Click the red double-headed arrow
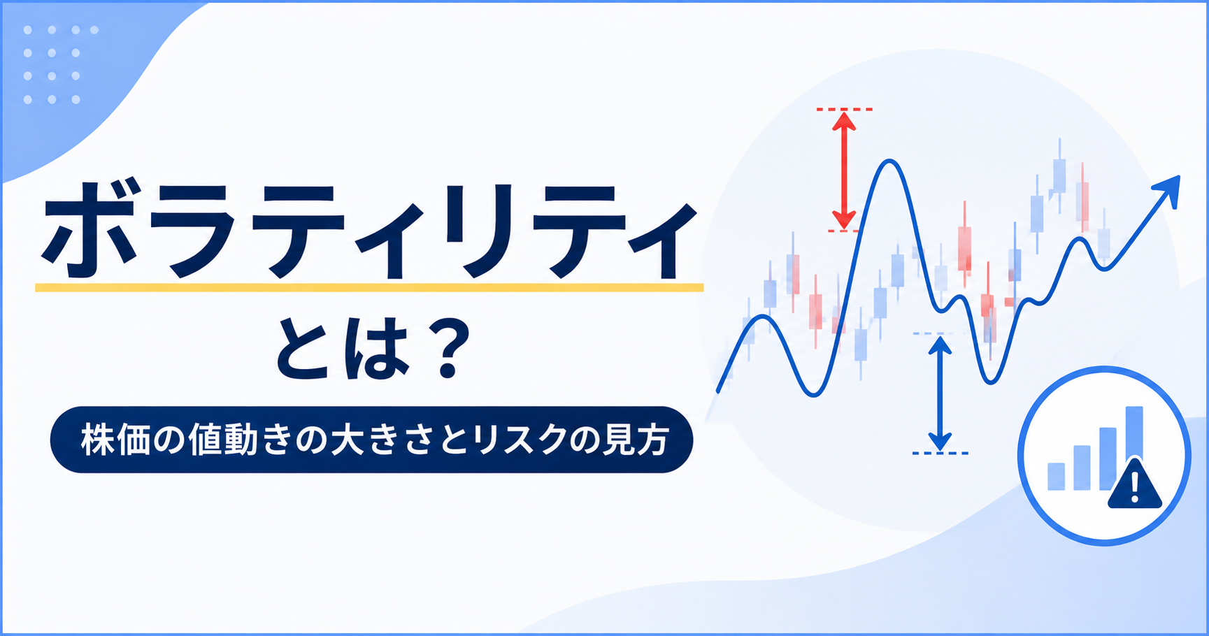(x=844, y=170)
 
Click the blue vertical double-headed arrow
(x=940, y=393)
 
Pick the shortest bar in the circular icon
(x=1056, y=475)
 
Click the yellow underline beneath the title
(x=369, y=287)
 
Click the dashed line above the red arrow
(x=844, y=109)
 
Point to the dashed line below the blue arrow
(x=940, y=453)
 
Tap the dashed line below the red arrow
(x=844, y=231)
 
